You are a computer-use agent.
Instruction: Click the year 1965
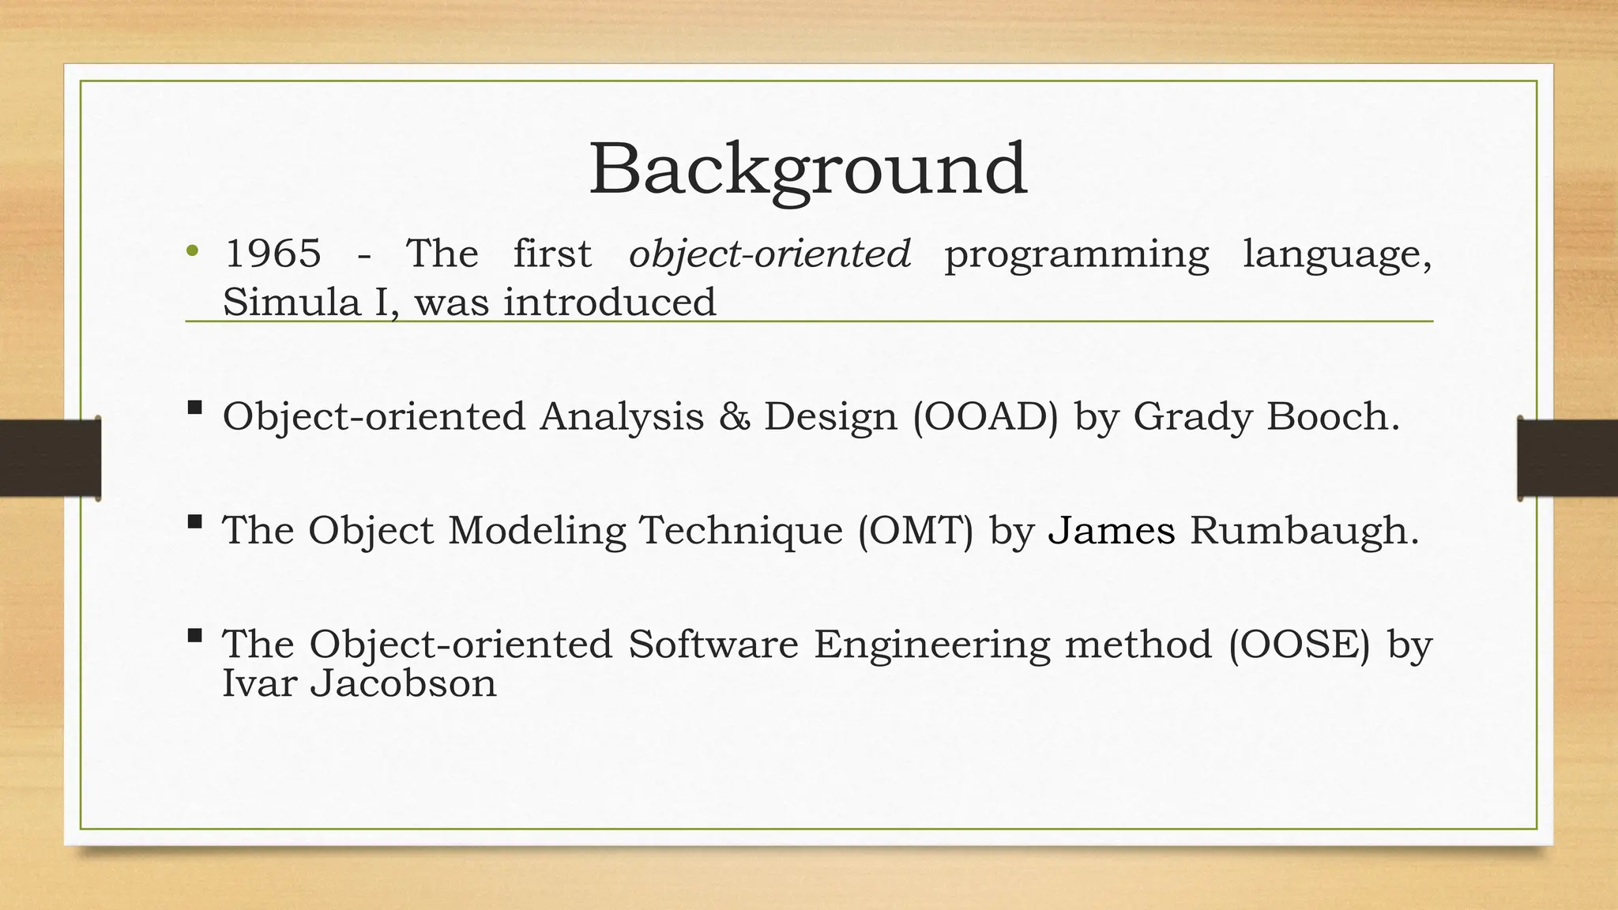pyautogui.click(x=273, y=254)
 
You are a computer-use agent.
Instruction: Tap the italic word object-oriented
pyautogui.click(x=769, y=254)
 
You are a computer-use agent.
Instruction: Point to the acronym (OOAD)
pyautogui.click(x=985, y=417)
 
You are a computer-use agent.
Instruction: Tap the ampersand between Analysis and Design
pyautogui.click(x=734, y=417)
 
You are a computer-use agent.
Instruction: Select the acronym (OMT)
pyautogui.click(x=916, y=530)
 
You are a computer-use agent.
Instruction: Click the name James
pyautogui.click(x=1112, y=530)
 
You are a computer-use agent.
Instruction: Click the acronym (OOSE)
pyautogui.click(x=1300, y=645)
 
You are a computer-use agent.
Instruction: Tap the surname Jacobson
pyautogui.click(x=403, y=683)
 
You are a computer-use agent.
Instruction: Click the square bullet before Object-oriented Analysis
pyautogui.click(x=194, y=408)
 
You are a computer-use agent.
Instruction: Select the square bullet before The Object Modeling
pyautogui.click(x=194, y=522)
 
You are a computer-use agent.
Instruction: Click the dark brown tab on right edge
pyautogui.click(x=1567, y=458)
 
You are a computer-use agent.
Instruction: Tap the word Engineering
pyautogui.click(x=932, y=645)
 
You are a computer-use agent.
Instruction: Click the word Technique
pyautogui.click(x=740, y=530)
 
